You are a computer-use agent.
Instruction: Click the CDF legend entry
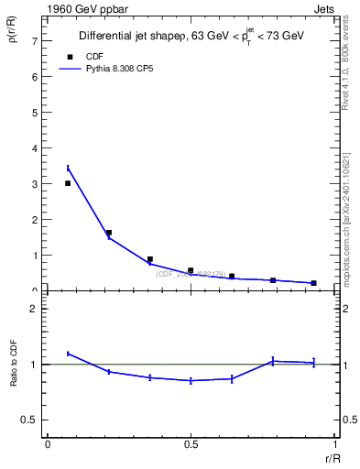pos(93,56)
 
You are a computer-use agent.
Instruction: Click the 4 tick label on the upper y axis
pos(34,148)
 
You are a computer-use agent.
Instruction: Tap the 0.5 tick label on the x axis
pos(191,444)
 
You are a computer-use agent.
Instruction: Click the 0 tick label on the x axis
pos(48,444)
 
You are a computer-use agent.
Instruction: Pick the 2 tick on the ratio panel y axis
pos(34,309)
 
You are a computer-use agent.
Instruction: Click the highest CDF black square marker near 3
pos(68,183)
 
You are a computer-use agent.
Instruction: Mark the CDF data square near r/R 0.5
pos(191,270)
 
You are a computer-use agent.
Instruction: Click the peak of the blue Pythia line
pos(68,168)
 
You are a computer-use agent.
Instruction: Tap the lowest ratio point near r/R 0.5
pos(191,380)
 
